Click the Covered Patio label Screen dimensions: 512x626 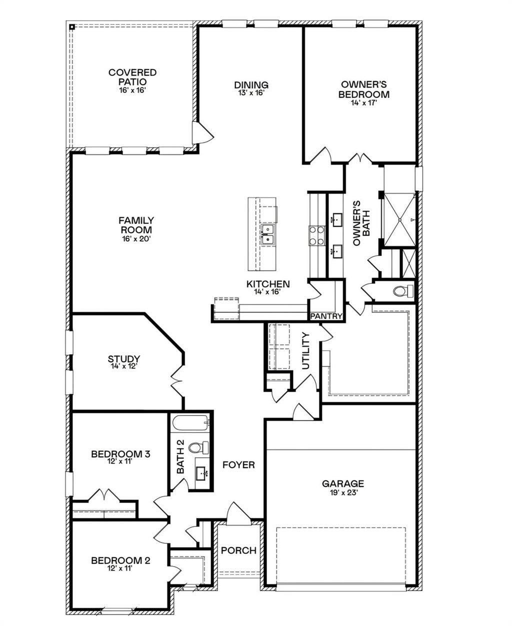pos(132,77)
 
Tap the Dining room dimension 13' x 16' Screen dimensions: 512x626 pos(251,93)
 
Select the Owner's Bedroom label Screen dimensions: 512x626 pos(364,89)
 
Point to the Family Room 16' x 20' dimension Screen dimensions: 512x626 pos(136,238)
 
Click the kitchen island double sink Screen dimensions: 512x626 pos(267,234)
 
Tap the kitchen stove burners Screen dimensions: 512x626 pos(316,235)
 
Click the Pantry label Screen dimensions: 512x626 pos(326,316)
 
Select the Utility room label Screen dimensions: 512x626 pos(305,351)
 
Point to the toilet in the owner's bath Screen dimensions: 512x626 pos(403,291)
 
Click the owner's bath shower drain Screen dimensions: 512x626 pos(400,220)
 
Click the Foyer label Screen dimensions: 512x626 pos(238,464)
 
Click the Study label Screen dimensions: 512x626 pos(124,359)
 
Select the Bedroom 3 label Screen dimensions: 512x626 pos(120,454)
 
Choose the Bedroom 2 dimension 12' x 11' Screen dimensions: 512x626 pos(120,568)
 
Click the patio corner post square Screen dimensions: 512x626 pos(72,26)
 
